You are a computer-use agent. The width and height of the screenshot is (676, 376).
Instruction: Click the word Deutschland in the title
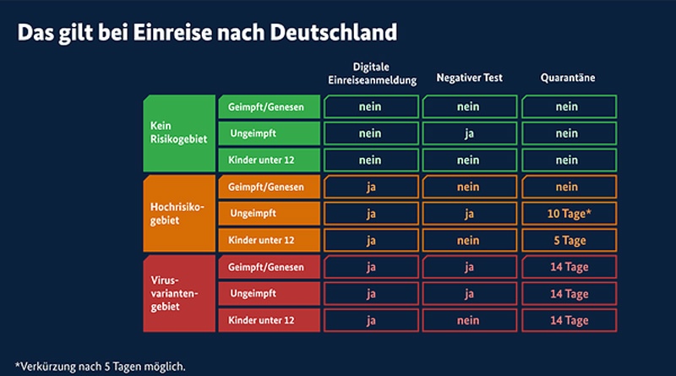[333, 32]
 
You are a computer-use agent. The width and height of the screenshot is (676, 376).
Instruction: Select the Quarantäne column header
[568, 78]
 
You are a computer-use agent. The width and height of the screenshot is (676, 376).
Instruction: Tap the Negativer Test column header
[470, 78]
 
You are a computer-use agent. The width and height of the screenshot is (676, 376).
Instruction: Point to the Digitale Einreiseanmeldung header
[372, 74]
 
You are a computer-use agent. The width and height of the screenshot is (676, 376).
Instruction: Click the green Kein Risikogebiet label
[179, 133]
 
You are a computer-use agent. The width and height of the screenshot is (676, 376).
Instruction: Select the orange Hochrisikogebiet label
[179, 213]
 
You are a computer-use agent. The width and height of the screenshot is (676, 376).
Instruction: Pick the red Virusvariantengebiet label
[179, 293]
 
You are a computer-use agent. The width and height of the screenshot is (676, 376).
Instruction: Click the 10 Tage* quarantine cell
[569, 214]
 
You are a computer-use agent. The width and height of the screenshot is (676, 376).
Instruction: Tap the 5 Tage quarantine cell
[569, 240]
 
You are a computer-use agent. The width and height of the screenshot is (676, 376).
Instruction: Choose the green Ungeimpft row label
[269, 134]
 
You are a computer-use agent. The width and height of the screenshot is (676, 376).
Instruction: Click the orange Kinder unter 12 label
[269, 240]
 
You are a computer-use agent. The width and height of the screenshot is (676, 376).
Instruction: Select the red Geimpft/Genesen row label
[269, 267]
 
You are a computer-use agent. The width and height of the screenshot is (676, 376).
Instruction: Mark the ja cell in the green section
[470, 134]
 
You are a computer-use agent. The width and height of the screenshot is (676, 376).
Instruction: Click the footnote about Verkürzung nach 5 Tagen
[100, 367]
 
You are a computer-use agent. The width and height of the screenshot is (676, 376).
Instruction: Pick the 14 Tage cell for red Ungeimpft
[569, 294]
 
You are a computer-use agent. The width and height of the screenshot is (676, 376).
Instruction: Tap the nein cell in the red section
[470, 320]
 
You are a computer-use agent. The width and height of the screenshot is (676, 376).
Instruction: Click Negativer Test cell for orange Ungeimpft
[470, 214]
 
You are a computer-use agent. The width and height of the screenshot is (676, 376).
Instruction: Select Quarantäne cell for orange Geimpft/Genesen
[569, 187]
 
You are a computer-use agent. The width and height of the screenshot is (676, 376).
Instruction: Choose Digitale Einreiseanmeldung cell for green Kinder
[371, 160]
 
